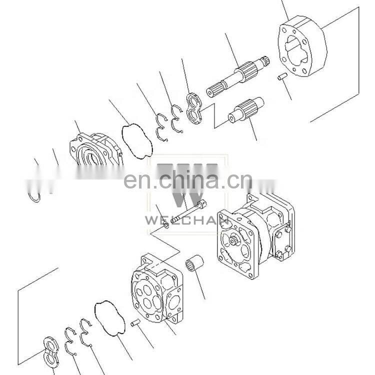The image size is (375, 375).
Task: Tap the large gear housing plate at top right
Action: [302, 46]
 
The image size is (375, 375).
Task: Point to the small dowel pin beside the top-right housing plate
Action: [282, 77]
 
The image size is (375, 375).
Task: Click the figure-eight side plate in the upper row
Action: [194, 109]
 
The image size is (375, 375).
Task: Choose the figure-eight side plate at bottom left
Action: [51, 351]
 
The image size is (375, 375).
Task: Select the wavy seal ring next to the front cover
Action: [137, 141]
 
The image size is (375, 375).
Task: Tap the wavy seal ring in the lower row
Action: [110, 318]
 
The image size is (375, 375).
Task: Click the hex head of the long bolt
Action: [202, 204]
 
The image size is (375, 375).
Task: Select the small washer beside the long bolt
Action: [166, 225]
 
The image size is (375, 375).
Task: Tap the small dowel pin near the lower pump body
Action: [135, 323]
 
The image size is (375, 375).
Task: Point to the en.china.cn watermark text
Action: [188, 179]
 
